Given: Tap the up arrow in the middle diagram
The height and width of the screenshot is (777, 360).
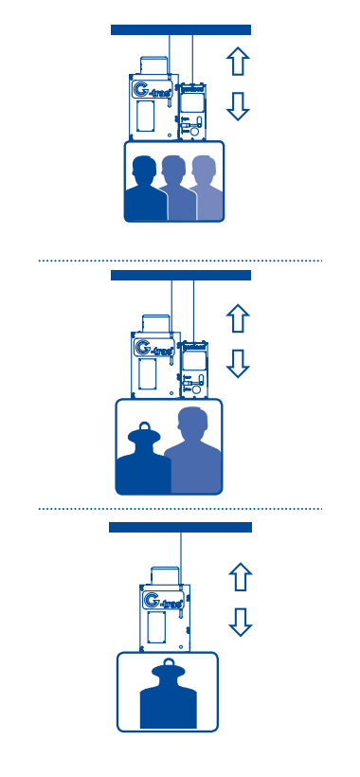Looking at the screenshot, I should point(239,316).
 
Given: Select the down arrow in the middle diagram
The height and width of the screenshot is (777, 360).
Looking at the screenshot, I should point(239,362).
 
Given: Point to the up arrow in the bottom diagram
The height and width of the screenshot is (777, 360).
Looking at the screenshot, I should point(241,575).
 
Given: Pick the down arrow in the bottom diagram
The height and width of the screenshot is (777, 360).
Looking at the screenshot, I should point(241,621).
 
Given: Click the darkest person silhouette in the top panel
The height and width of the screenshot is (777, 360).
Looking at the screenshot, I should point(145,190).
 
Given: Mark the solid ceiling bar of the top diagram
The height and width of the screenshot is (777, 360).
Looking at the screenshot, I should point(181,30).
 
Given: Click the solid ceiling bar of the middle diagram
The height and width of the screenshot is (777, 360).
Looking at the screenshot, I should point(181,275).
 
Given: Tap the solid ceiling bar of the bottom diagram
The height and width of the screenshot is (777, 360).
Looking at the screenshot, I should point(181,527).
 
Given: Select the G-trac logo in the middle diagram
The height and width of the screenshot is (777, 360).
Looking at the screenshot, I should point(153,350).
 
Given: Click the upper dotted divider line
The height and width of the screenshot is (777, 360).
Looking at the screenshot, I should point(180,259).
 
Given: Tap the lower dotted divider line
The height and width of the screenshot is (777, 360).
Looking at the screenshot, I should point(180,509).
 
